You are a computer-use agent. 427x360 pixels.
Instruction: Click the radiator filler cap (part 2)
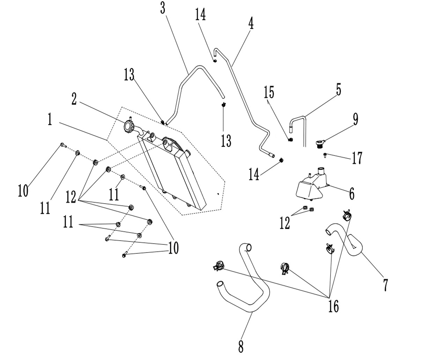[129, 126]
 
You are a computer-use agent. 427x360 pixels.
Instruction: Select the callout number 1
[50, 119]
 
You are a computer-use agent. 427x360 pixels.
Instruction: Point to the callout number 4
[251, 23]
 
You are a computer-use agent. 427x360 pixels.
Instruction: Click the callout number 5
[339, 89]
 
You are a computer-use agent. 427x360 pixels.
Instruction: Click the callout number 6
[352, 194]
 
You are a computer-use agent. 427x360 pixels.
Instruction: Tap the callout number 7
[385, 285]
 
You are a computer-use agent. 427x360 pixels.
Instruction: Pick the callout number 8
[241, 346]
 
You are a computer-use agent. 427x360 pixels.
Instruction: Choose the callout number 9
[356, 119]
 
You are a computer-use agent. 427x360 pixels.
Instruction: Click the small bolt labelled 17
[325, 155]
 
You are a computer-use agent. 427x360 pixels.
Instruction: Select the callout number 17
[357, 158]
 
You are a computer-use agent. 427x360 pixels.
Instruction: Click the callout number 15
[269, 92]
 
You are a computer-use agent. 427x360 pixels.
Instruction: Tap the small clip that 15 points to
[290, 140]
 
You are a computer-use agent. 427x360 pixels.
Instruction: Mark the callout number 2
[74, 99]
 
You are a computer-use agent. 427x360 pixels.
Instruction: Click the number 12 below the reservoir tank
[285, 223]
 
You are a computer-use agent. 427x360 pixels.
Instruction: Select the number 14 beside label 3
[200, 14]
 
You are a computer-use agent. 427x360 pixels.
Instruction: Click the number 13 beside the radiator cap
[129, 74]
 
